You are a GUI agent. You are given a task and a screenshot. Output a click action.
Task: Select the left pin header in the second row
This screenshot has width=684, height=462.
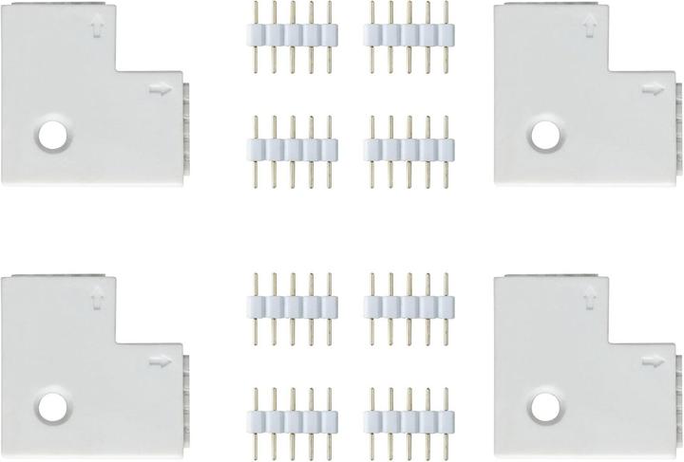294,149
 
